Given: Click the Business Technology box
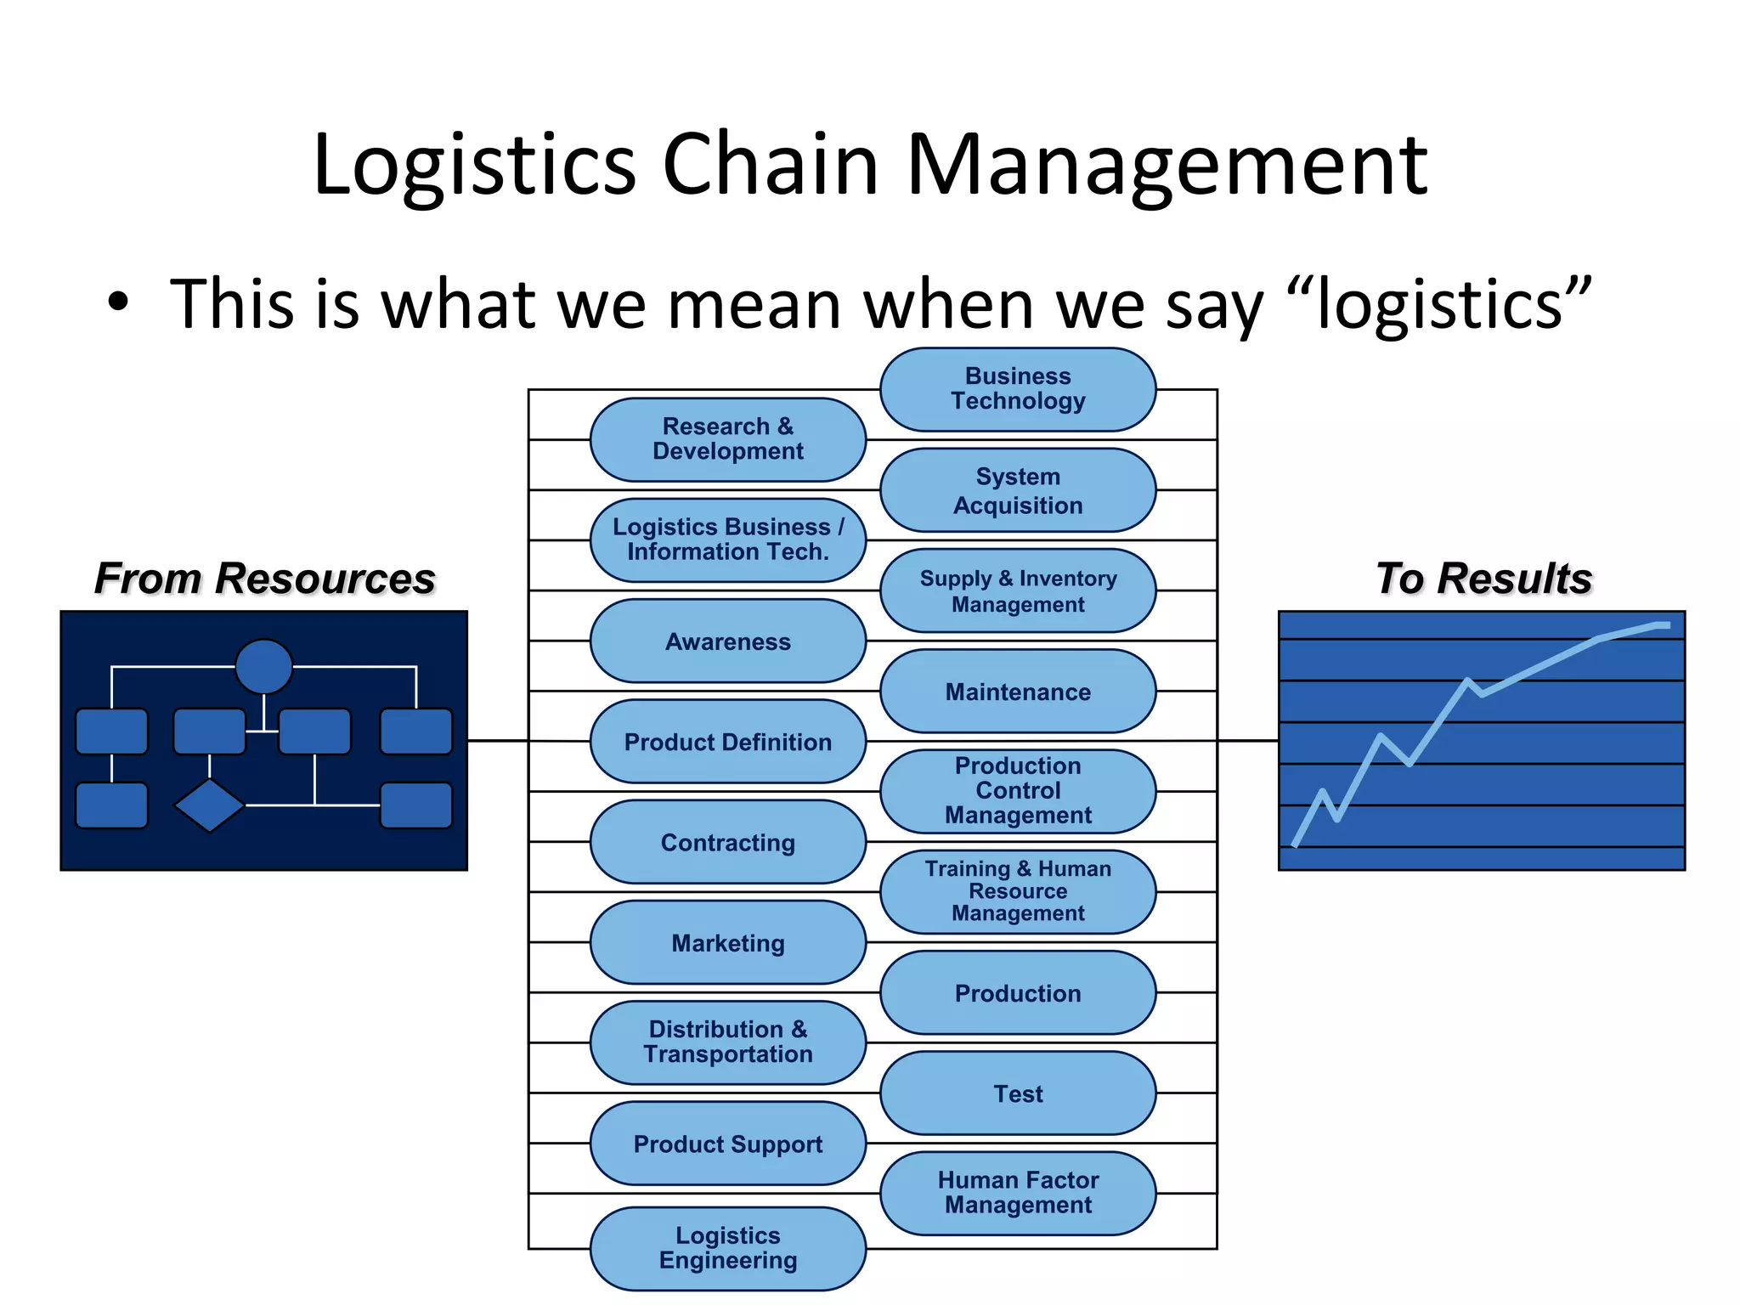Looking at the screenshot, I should [1017, 389].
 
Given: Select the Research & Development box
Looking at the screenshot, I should [727, 439].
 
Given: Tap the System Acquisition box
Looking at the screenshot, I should [1017, 490].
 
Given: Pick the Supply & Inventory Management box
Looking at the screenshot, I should [1017, 590].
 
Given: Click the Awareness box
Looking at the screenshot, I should [727, 641].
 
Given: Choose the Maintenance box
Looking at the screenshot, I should [1017, 692].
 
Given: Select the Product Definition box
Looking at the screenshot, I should [727, 742].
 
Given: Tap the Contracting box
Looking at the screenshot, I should [727, 842].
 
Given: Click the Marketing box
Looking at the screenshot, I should [727, 942].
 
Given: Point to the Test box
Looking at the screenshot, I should [1017, 1093].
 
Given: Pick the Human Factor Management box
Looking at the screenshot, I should [1017, 1193].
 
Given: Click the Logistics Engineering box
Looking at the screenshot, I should [727, 1248].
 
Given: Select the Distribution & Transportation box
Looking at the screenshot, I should [727, 1042].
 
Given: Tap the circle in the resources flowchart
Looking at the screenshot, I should [263, 666].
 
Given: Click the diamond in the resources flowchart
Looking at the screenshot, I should [209, 805].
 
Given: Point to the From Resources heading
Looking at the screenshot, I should [264, 579].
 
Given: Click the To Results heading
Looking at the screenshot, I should [1483, 579].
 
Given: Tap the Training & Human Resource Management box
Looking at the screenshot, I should [1017, 891].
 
